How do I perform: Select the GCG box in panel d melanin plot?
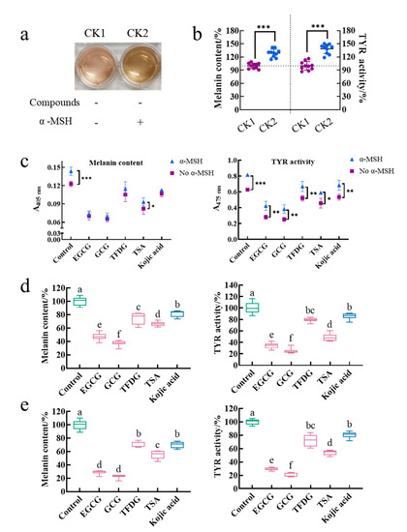pos(119,342)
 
